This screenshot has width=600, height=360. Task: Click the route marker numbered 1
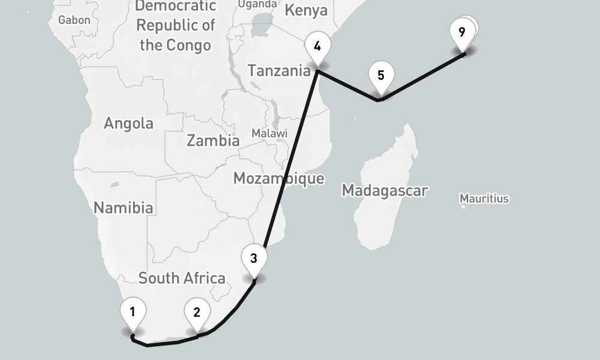tap(133, 312)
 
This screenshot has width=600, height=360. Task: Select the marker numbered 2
tap(197, 313)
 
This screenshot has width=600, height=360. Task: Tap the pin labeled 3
tap(254, 259)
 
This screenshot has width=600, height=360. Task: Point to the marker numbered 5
tap(380, 76)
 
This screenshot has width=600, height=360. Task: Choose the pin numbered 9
tap(461, 32)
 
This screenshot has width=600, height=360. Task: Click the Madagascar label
tap(385, 191)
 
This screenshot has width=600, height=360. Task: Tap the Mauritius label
tap(484, 199)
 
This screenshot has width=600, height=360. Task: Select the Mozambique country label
tap(278, 178)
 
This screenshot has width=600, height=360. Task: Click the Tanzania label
tap(279, 71)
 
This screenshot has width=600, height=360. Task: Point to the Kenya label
tap(306, 10)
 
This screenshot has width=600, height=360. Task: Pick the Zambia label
tap(213, 141)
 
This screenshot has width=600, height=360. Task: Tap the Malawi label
tap(269, 133)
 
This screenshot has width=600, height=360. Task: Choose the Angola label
tap(128, 124)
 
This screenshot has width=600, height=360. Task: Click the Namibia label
tap(124, 208)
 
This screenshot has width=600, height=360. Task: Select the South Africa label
tap(182, 278)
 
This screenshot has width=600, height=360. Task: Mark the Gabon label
tap(74, 20)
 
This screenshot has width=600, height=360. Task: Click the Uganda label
tap(257, 4)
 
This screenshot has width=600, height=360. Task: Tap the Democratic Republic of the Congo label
tap(175, 26)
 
